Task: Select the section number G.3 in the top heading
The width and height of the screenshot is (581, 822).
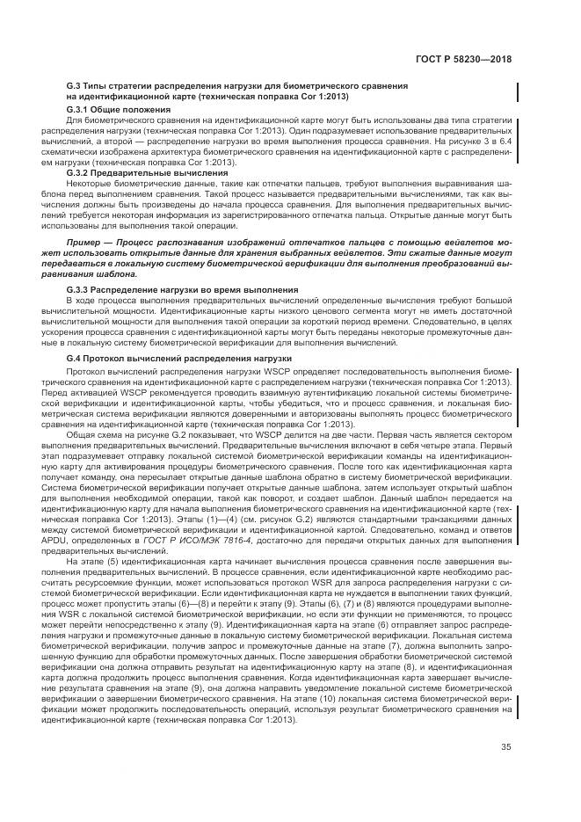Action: (x=74, y=85)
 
